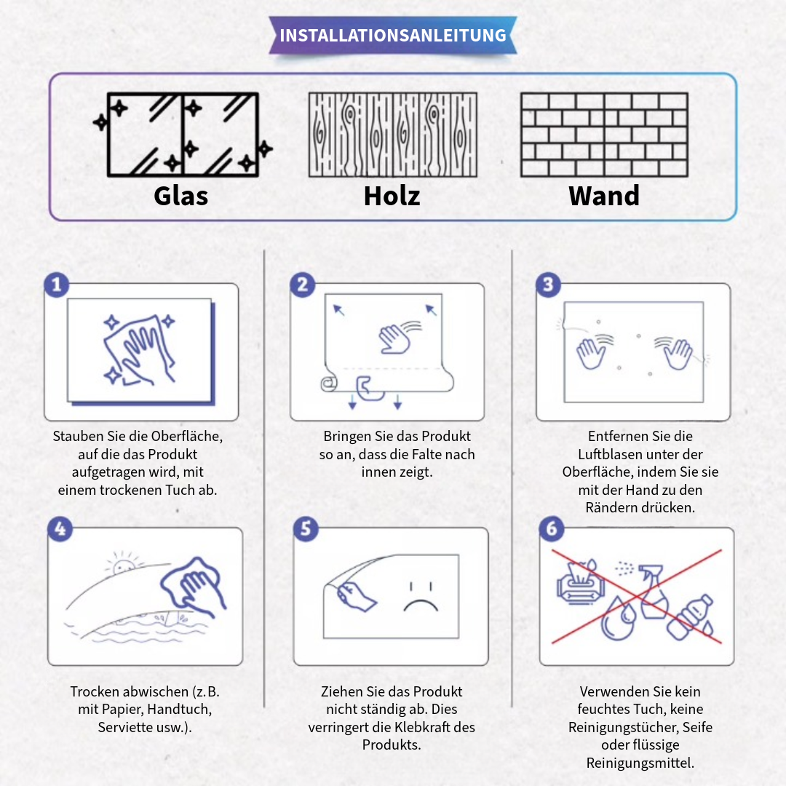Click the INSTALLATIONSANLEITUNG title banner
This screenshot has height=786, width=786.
[393, 35]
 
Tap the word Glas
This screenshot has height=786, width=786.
[181, 196]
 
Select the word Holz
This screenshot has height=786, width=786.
[392, 196]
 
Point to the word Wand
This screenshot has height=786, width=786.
[604, 196]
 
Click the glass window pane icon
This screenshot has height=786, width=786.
[183, 135]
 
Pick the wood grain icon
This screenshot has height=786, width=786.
[393, 135]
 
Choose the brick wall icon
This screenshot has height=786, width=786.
[605, 135]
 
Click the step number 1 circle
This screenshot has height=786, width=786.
[57, 285]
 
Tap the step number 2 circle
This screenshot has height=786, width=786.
[303, 285]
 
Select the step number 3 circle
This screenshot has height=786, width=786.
[549, 285]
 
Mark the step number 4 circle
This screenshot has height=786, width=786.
[60, 529]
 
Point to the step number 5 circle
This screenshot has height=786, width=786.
[306, 529]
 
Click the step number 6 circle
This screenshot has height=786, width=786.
[552, 529]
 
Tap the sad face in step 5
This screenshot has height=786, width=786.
[421, 598]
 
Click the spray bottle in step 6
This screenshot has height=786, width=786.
[652, 592]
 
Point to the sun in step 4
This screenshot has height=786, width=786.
[123, 565]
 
